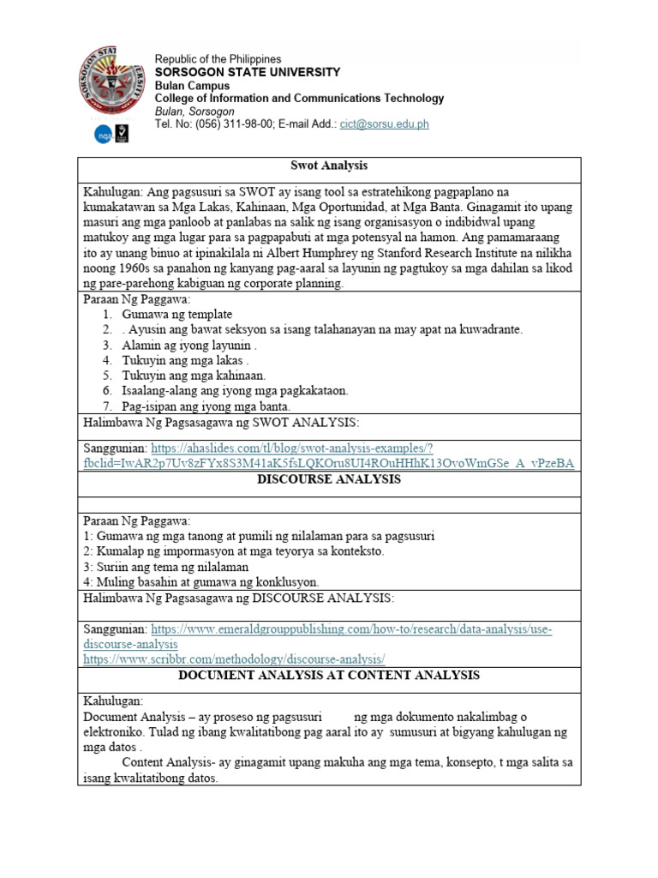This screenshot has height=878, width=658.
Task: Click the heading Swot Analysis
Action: click(x=329, y=165)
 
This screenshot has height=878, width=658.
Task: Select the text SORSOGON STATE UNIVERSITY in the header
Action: click(x=247, y=73)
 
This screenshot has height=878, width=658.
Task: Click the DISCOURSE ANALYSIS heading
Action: click(x=329, y=480)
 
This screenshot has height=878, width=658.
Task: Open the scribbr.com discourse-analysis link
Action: click(x=234, y=658)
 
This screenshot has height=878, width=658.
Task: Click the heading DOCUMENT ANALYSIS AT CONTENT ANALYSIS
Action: click(x=329, y=676)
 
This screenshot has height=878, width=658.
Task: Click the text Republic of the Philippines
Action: click(x=218, y=59)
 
